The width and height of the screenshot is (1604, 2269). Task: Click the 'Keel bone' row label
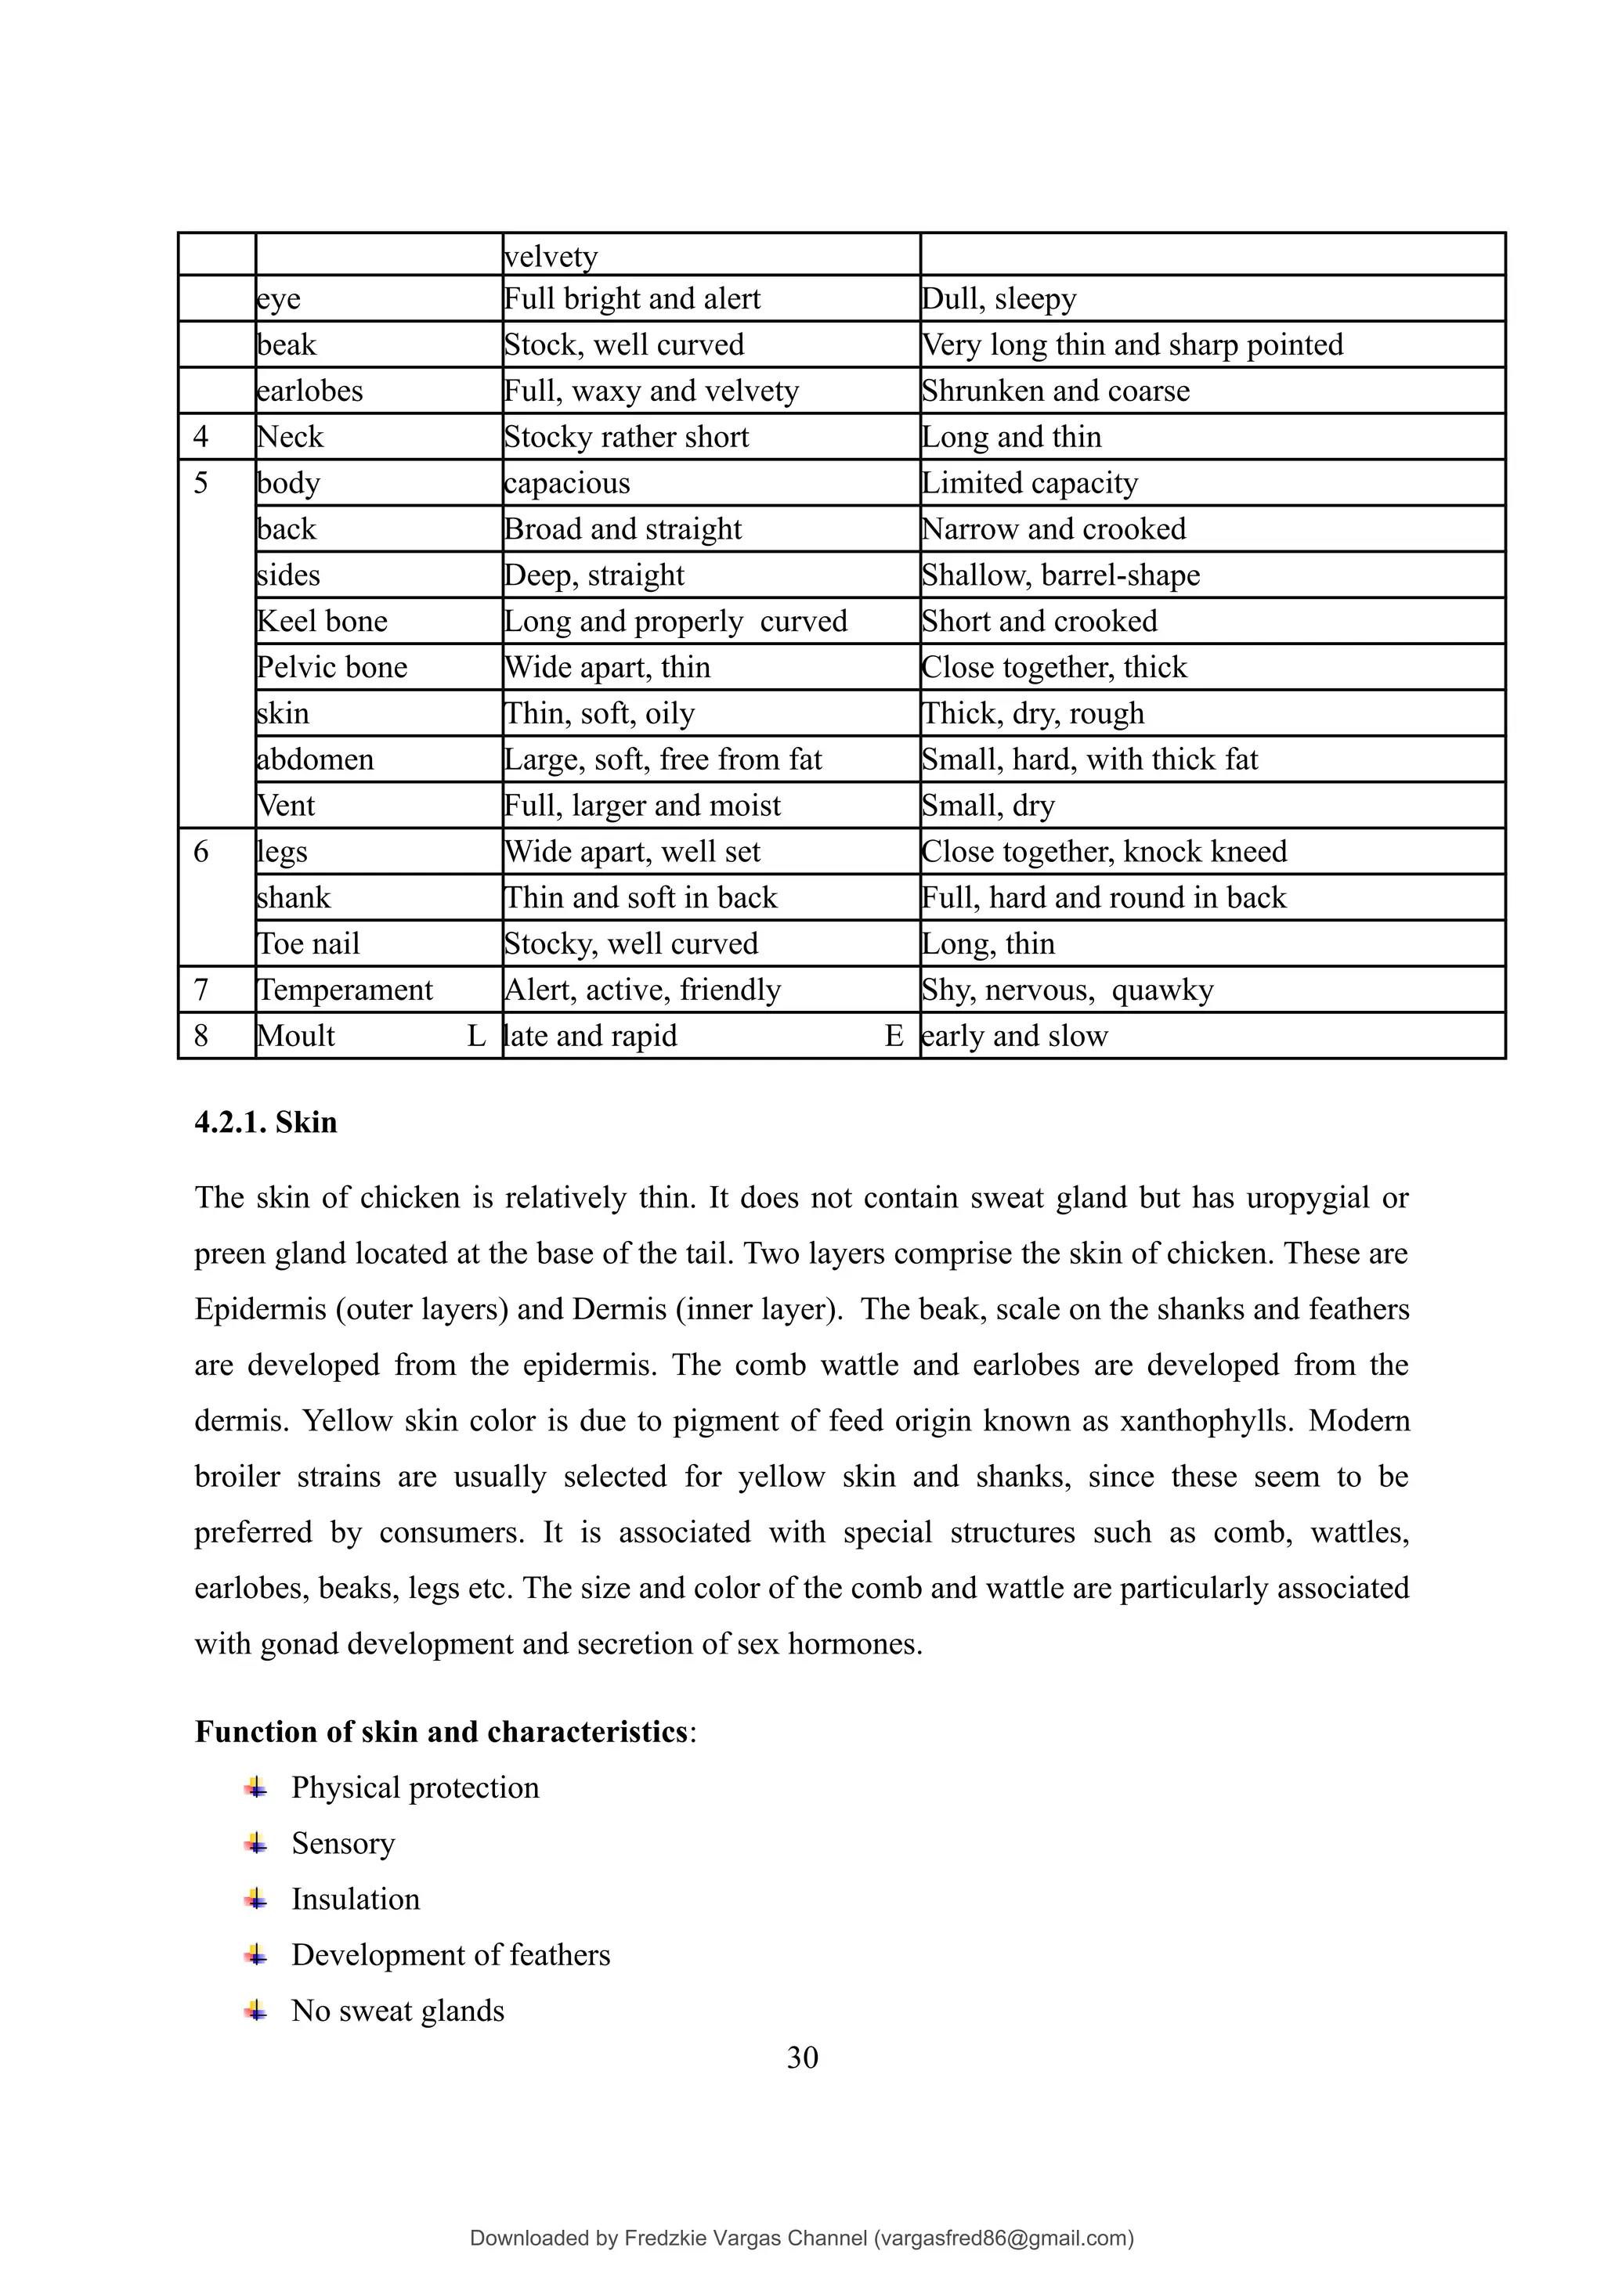click(x=322, y=621)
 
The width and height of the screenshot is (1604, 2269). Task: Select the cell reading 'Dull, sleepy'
click(x=998, y=298)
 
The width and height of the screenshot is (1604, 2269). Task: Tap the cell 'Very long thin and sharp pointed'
click(x=1132, y=345)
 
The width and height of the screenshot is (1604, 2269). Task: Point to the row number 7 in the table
click(x=201, y=989)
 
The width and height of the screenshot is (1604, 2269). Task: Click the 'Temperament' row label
click(x=344, y=989)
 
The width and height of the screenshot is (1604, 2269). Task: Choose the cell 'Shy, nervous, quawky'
click(x=1068, y=989)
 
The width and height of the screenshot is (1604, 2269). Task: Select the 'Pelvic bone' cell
click(x=332, y=667)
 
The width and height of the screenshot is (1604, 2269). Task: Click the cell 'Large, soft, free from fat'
click(x=662, y=759)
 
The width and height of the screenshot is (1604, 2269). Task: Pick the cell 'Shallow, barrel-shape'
click(x=1060, y=575)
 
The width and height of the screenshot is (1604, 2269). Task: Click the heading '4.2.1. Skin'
click(x=266, y=1123)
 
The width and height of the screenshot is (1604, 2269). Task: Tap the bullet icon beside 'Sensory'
click(x=256, y=1843)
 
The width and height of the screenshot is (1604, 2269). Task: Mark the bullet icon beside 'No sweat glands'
click(x=256, y=2010)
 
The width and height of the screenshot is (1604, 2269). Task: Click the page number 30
click(x=801, y=2058)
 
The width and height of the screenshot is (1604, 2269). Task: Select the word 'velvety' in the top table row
click(x=551, y=257)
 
